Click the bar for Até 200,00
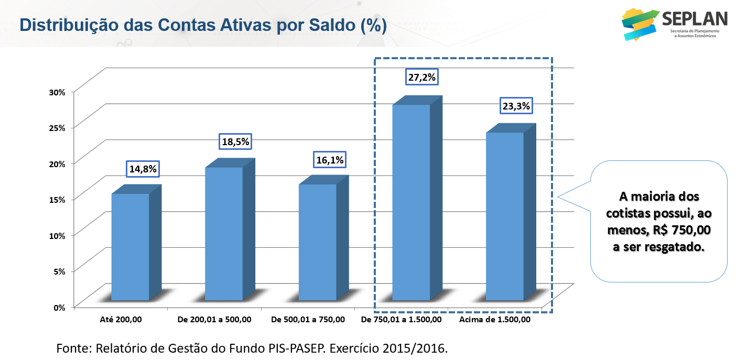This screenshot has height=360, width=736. [130, 246]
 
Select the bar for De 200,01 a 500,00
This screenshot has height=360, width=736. [224, 233]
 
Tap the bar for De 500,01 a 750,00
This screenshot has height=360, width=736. [317, 242]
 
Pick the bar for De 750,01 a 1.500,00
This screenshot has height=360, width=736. [411, 202]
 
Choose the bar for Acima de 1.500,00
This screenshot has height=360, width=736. [504, 216]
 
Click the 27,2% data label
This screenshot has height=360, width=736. [421, 78]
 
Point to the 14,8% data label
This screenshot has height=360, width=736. [142, 169]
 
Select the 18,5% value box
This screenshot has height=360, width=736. [235, 141]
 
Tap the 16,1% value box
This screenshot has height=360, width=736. [329, 159]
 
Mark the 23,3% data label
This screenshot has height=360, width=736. [516, 106]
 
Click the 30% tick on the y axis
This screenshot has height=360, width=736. [57, 92]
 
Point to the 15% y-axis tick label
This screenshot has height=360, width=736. [57, 200]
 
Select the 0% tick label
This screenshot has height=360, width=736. [59, 307]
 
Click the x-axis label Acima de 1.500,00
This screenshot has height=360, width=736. [494, 320]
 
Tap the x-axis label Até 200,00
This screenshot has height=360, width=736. [121, 320]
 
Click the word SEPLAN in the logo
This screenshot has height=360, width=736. [695, 19]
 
